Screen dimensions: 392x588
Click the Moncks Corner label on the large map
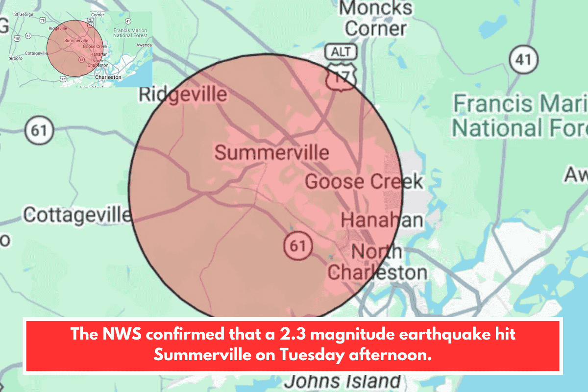pyautogui.click(x=375, y=18)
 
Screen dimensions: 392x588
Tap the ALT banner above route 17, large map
pyautogui.click(x=341, y=52)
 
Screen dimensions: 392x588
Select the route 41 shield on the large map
pyautogui.click(x=523, y=59)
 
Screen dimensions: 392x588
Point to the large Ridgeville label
pyautogui.click(x=183, y=94)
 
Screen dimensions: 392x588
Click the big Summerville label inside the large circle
pyautogui.click(x=272, y=153)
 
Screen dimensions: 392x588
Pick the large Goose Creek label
pyautogui.click(x=364, y=182)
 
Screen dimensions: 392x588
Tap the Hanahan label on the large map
pyautogui.click(x=382, y=220)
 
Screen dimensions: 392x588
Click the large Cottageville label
pyautogui.click(x=77, y=215)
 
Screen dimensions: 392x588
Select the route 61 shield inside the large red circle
pyautogui.click(x=297, y=245)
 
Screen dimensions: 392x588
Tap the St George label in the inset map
pyautogui.click(x=23, y=14)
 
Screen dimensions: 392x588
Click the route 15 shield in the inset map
pyautogui.click(x=17, y=38)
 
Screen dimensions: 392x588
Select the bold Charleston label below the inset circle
pyautogui.click(x=109, y=77)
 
